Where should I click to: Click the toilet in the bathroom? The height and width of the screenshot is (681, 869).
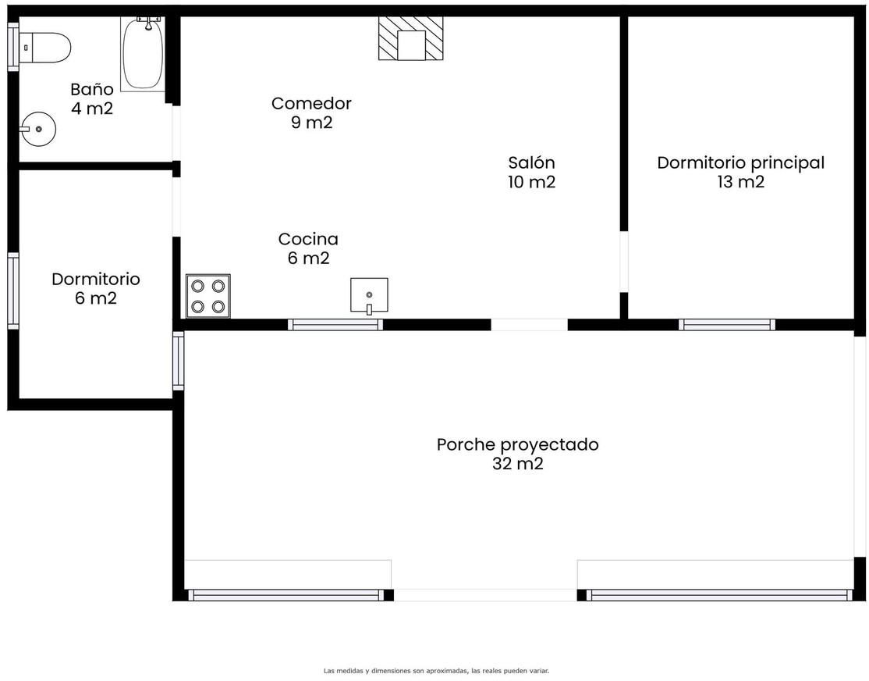pyautogui.click(x=45, y=48)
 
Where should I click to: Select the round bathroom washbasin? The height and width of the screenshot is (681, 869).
pyautogui.click(x=37, y=129)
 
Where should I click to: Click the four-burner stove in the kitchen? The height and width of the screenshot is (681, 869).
pyautogui.click(x=207, y=296)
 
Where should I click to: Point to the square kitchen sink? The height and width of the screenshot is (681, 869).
pyautogui.click(x=369, y=296)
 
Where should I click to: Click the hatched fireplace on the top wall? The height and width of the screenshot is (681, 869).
pyautogui.click(x=410, y=38)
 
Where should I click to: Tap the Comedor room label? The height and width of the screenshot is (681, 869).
pyautogui.click(x=311, y=103)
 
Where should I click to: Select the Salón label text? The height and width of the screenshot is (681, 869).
pyautogui.click(x=531, y=162)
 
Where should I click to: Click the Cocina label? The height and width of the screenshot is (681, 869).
pyautogui.click(x=308, y=239)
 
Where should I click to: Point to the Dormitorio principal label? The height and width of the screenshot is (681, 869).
pyautogui.click(x=741, y=162)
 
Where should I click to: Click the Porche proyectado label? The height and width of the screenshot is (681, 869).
pyautogui.click(x=518, y=444)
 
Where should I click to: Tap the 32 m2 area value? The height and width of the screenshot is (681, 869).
pyautogui.click(x=518, y=463)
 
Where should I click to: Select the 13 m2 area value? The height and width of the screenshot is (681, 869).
pyautogui.click(x=741, y=181)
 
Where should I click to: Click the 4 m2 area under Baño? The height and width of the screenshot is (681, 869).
pyautogui.click(x=92, y=109)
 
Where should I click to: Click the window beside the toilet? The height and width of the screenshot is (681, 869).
pyautogui.click(x=12, y=47)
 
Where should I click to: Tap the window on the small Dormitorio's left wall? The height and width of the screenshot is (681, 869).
pyautogui.click(x=12, y=291)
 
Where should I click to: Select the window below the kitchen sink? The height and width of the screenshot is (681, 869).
pyautogui.click(x=335, y=325)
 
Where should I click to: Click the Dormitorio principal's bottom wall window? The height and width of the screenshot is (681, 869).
pyautogui.click(x=727, y=325)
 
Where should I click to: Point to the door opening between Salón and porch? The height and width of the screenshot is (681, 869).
pyautogui.click(x=529, y=325)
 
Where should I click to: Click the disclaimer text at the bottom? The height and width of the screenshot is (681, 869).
pyautogui.click(x=436, y=671)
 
